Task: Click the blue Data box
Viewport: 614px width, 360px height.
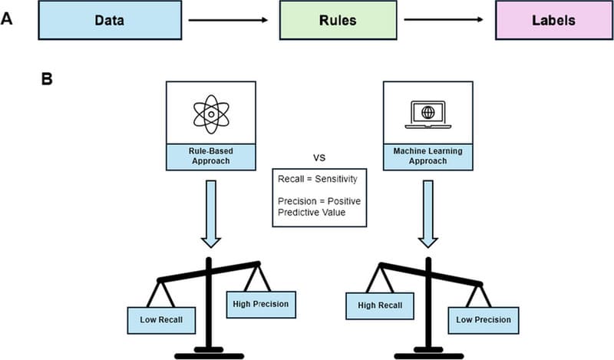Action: coord(109,21)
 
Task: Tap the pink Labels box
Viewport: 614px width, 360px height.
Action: coord(546,21)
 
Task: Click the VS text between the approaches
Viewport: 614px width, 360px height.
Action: coord(320,157)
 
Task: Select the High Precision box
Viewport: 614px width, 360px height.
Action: coord(259,304)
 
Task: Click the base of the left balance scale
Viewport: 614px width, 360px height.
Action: coord(210,355)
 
